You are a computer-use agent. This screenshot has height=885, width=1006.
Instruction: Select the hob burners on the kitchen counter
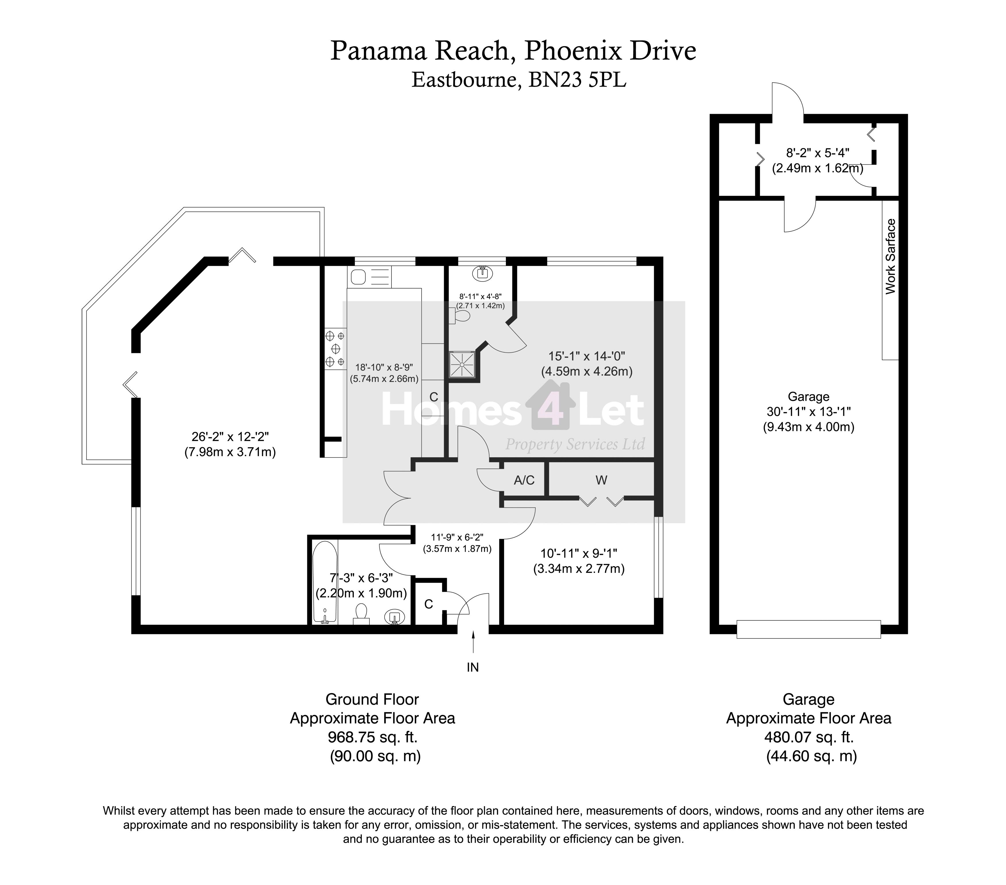tap(335, 349)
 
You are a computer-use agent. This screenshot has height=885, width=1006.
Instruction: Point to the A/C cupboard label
tap(524, 480)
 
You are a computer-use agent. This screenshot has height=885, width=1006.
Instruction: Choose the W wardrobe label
tap(601, 480)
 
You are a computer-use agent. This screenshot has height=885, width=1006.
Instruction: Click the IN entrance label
tap(473, 667)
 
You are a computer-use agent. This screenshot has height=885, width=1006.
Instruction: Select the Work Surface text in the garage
tap(891, 257)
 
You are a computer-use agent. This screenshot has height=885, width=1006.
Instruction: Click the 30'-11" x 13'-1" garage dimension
tap(809, 411)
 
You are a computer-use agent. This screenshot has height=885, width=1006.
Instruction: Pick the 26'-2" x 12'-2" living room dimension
tap(230, 436)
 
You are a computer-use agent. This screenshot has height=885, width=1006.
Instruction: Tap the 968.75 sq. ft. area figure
tap(373, 737)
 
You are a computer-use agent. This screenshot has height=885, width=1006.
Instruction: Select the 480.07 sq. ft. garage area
tap(809, 737)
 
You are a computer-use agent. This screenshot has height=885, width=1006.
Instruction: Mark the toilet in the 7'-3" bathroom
tap(362, 614)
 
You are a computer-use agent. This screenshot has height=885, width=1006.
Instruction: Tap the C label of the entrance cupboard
tap(429, 604)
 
